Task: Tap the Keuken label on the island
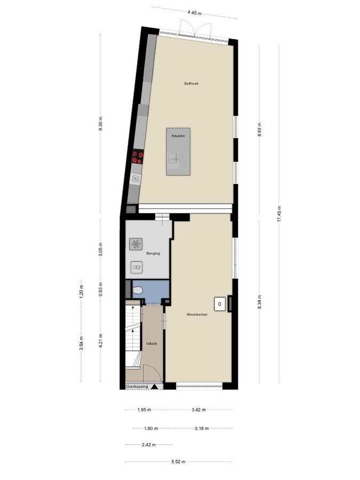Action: click(178, 136)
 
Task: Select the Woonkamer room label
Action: click(197, 315)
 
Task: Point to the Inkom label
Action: click(151, 344)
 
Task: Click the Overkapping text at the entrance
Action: click(136, 386)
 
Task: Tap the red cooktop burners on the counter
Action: click(138, 156)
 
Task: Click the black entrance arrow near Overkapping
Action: click(154, 387)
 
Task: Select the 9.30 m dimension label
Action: click(100, 124)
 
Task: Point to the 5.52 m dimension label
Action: click(179, 462)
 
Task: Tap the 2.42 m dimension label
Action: click(149, 445)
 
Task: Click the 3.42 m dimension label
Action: click(199, 410)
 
